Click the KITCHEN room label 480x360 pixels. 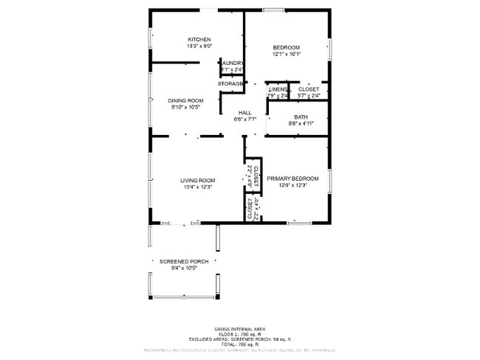[x=199, y=39]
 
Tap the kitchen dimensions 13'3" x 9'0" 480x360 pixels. [x=199, y=46]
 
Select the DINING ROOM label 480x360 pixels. [x=185, y=100]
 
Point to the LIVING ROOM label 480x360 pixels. [x=198, y=180]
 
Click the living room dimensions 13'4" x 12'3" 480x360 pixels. [x=198, y=187]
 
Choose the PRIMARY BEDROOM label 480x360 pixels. [x=292, y=179]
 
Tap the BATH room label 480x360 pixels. [x=301, y=117]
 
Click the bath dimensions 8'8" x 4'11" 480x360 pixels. [x=301, y=124]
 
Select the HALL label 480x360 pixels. [x=244, y=112]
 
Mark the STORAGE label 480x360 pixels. [x=230, y=83]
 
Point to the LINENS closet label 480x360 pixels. [x=278, y=89]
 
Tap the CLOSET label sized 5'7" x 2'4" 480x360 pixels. [x=309, y=89]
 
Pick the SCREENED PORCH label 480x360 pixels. [x=184, y=261]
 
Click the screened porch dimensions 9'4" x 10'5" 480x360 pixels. [x=184, y=269]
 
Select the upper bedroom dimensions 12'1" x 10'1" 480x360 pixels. [x=287, y=54]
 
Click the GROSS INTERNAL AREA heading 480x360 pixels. [x=240, y=328]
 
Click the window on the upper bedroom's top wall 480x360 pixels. [x=274, y=10]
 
